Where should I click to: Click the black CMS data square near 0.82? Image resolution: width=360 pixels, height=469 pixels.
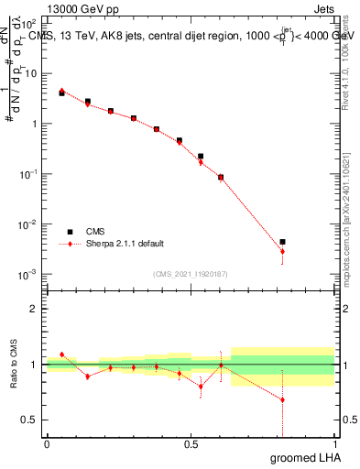pos(282,242)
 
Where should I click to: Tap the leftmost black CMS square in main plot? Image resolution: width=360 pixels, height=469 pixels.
pos(61,93)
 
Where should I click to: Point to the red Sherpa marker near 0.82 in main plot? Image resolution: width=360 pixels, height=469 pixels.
pos(282,251)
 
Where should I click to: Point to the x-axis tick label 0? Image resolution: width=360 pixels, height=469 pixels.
pos(47,443)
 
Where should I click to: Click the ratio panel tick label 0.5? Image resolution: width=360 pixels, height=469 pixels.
pos(29,420)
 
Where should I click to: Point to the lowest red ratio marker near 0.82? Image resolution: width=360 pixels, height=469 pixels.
pos(282,399)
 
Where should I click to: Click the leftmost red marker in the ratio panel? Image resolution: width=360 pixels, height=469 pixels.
pos(61,354)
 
